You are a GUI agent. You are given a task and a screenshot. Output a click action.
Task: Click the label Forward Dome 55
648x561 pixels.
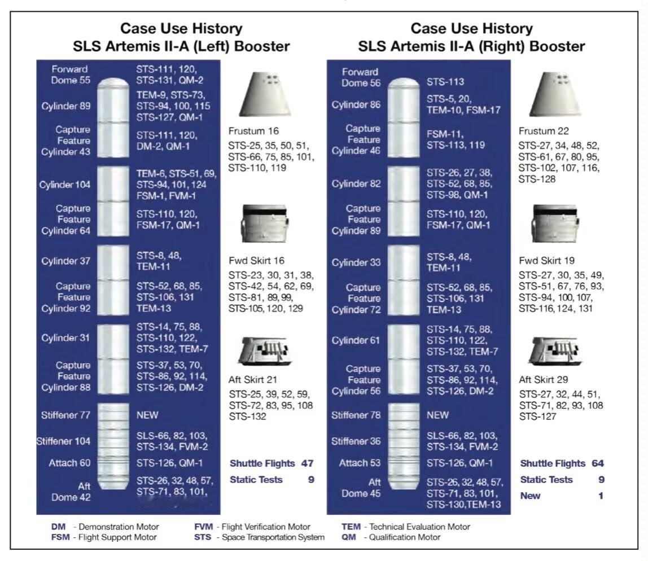[x=71, y=74]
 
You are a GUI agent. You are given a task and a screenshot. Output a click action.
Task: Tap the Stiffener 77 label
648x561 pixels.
[x=66, y=415]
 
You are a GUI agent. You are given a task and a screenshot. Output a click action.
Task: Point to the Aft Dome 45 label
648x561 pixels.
[x=362, y=488]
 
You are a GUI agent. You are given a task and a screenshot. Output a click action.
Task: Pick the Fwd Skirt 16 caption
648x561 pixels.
[x=256, y=261]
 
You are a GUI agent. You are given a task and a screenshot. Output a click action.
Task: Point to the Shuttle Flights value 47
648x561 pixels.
[x=307, y=463]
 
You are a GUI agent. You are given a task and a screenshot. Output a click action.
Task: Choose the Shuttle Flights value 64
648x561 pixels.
[x=598, y=463]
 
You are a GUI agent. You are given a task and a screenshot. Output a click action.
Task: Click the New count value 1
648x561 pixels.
[x=601, y=496]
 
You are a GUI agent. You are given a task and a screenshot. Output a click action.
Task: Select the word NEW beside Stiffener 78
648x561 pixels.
[x=438, y=415]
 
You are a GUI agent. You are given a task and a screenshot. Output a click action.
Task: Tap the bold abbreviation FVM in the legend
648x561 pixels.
[x=203, y=527]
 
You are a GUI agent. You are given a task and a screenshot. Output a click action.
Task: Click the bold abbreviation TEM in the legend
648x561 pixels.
[x=351, y=527]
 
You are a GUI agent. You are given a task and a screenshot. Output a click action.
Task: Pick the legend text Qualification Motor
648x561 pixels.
[x=405, y=537]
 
